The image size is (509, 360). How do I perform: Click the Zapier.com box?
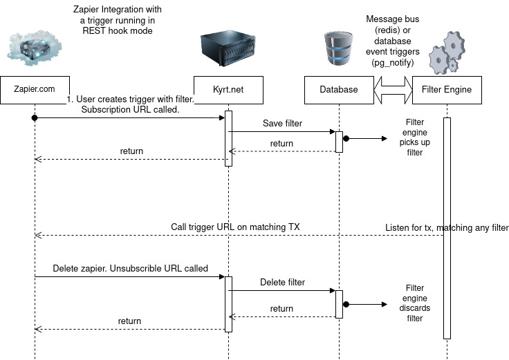[34, 89]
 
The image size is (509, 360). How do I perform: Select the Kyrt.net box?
[228, 89]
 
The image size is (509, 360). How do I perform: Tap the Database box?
[339, 89]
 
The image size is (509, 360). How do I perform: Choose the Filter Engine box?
[447, 89]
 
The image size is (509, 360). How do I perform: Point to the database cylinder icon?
[338, 49]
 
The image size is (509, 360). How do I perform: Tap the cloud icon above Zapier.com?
[34, 46]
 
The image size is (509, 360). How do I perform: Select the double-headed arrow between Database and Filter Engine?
[393, 89]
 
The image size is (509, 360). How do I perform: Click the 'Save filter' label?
[281, 123]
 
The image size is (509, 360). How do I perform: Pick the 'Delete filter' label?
[281, 282]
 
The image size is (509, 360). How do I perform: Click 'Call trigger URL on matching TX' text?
[235, 227]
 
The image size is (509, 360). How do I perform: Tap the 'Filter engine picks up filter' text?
[414, 138]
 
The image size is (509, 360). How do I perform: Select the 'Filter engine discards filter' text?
[414, 303]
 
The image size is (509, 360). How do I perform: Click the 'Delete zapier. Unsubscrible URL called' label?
[130, 268]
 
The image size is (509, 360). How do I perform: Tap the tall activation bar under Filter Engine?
[447, 228]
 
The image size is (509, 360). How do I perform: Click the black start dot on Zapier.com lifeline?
[34, 117]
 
